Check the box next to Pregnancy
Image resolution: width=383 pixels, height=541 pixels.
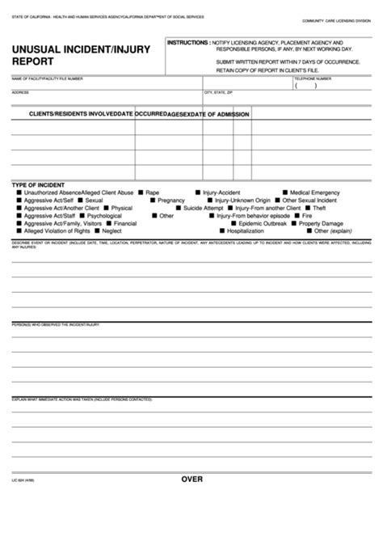point(153,200)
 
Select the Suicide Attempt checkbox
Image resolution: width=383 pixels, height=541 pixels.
point(179,208)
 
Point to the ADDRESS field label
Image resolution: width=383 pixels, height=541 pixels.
point(21,91)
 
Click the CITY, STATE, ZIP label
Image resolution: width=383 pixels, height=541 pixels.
point(219,91)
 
